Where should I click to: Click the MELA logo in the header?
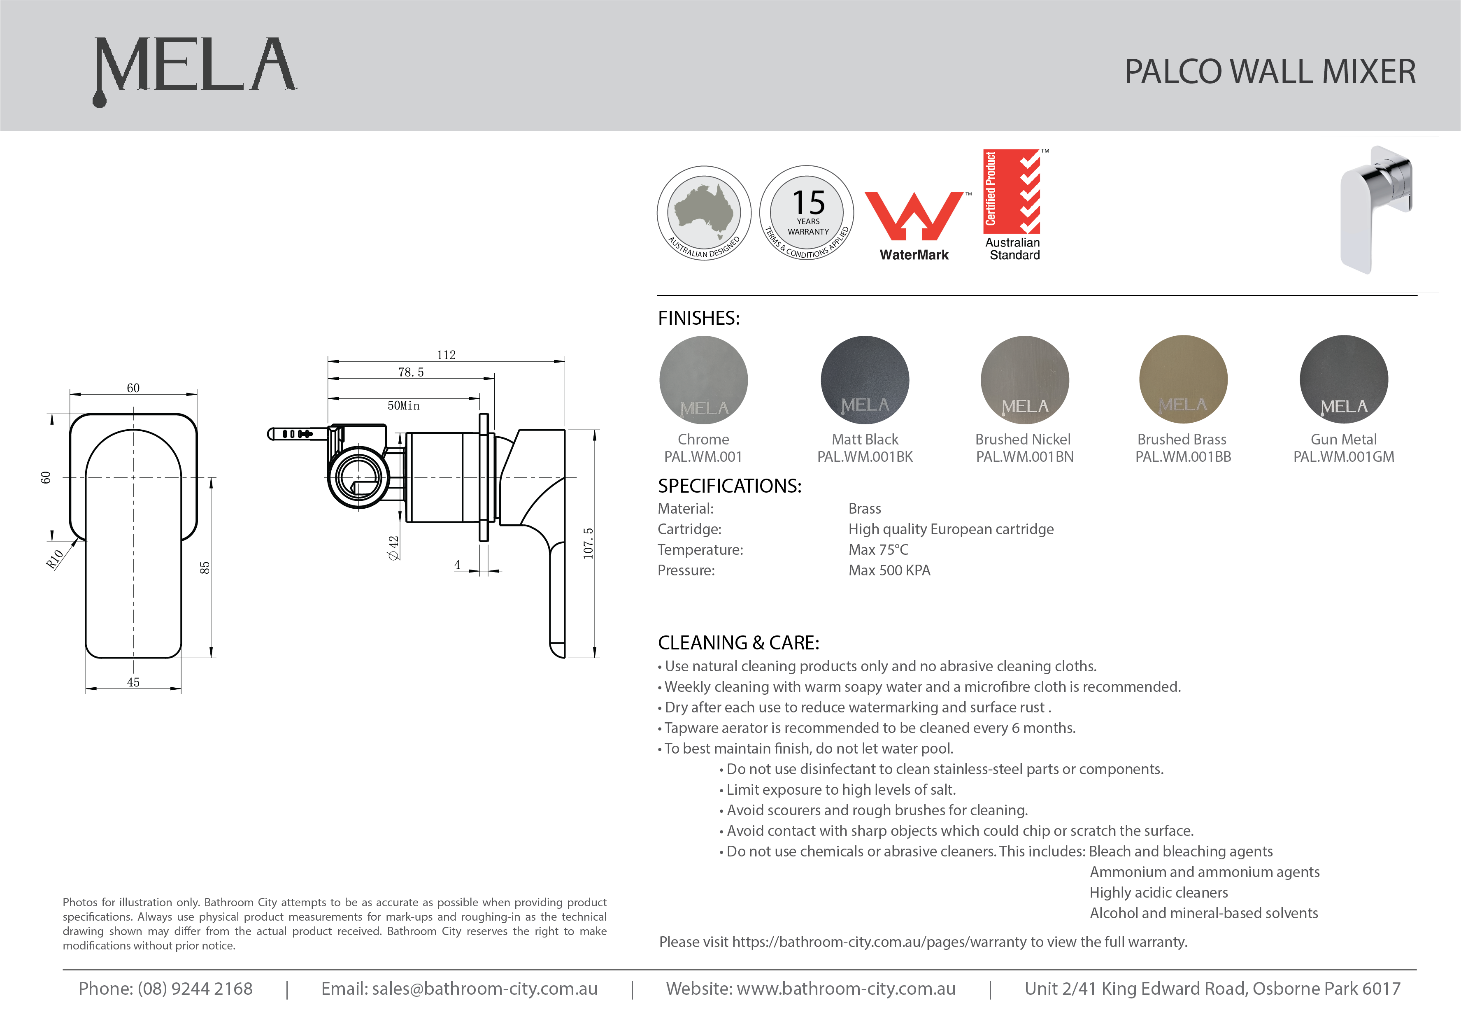point(195,66)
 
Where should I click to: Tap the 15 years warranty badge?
point(807,213)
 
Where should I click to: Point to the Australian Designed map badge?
point(704,213)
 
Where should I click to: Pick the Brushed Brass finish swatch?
point(1183,379)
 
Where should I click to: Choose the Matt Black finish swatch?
point(865,380)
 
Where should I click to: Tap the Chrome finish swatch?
point(703,380)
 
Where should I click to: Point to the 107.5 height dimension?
point(589,543)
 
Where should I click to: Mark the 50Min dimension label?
point(403,405)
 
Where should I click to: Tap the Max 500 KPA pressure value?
point(889,570)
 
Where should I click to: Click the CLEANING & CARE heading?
point(738,643)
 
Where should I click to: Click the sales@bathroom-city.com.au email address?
point(484,989)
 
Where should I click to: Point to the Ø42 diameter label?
point(394,547)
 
